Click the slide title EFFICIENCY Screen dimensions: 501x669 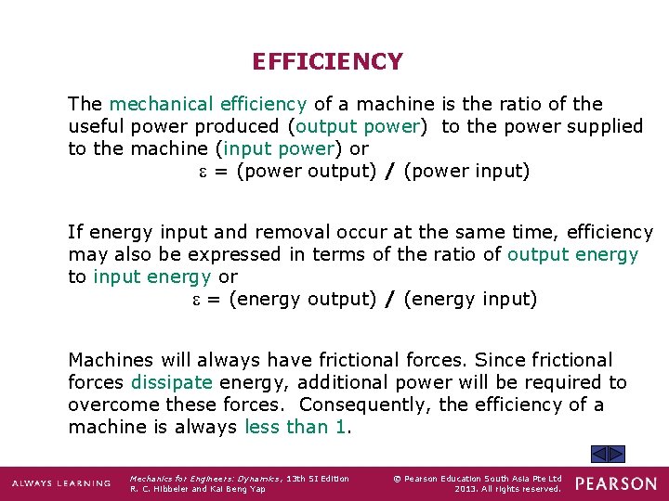327,62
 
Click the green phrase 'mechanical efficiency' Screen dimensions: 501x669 207,104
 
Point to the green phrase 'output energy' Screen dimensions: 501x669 572,254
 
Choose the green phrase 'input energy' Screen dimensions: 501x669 152,276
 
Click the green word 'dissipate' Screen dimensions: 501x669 171,382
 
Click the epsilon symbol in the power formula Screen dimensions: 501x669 203,172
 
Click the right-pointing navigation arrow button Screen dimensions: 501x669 616,455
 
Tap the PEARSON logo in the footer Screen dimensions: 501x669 615,483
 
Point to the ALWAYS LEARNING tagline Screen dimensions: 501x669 61,483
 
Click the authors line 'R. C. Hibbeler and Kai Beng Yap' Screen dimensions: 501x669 198,489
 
